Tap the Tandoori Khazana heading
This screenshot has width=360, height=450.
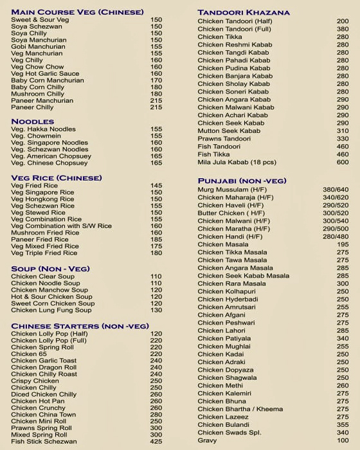244,12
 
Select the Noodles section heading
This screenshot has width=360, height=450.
33,122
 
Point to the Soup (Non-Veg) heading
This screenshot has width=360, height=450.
50,269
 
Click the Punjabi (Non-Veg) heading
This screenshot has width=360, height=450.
242,181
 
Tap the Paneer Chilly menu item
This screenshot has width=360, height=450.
32,107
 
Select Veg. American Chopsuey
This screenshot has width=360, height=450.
51,156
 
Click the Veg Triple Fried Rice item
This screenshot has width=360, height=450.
44,253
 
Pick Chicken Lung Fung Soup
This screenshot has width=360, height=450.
51,310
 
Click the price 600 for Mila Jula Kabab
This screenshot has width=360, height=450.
343,162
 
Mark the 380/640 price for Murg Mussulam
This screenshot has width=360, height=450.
336,190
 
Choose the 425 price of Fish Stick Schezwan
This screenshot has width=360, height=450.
156,442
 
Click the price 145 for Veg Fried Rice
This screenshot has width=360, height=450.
156,186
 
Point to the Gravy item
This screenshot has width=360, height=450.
207,440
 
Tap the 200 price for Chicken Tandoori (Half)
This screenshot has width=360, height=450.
343,21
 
